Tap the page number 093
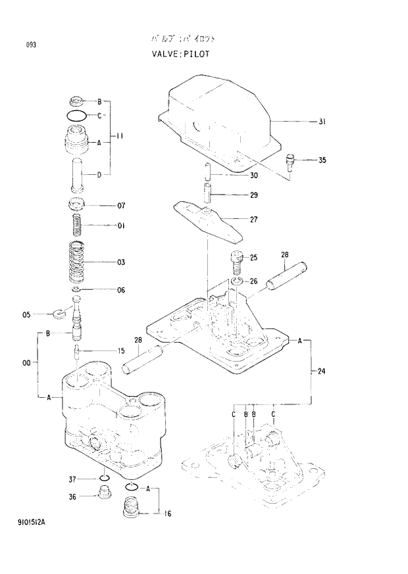point(31,45)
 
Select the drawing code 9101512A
point(37,522)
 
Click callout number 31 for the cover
point(322,122)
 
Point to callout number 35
point(322,160)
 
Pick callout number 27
point(253,220)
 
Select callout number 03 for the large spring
point(121,263)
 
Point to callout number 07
point(121,206)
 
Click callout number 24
point(322,371)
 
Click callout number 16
point(168,514)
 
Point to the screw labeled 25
point(236,263)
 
